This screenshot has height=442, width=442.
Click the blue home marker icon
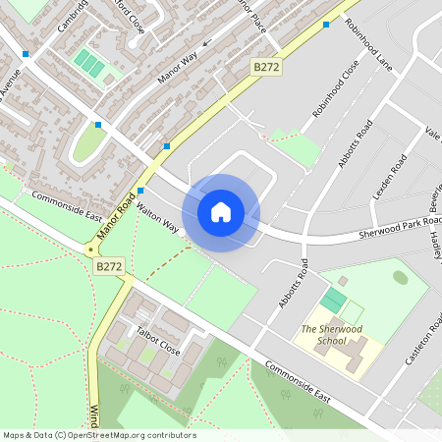tap(221, 211)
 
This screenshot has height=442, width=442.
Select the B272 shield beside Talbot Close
tap(109, 265)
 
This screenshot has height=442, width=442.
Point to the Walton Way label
tap(158, 218)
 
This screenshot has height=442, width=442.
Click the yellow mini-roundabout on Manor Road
tap(90, 249)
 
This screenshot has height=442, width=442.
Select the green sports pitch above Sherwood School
tap(334, 299)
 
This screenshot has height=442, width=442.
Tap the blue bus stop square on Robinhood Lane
tap(326, 24)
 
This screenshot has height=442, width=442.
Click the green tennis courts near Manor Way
tap(89, 64)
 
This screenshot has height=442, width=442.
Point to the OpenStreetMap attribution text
tap(99, 435)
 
